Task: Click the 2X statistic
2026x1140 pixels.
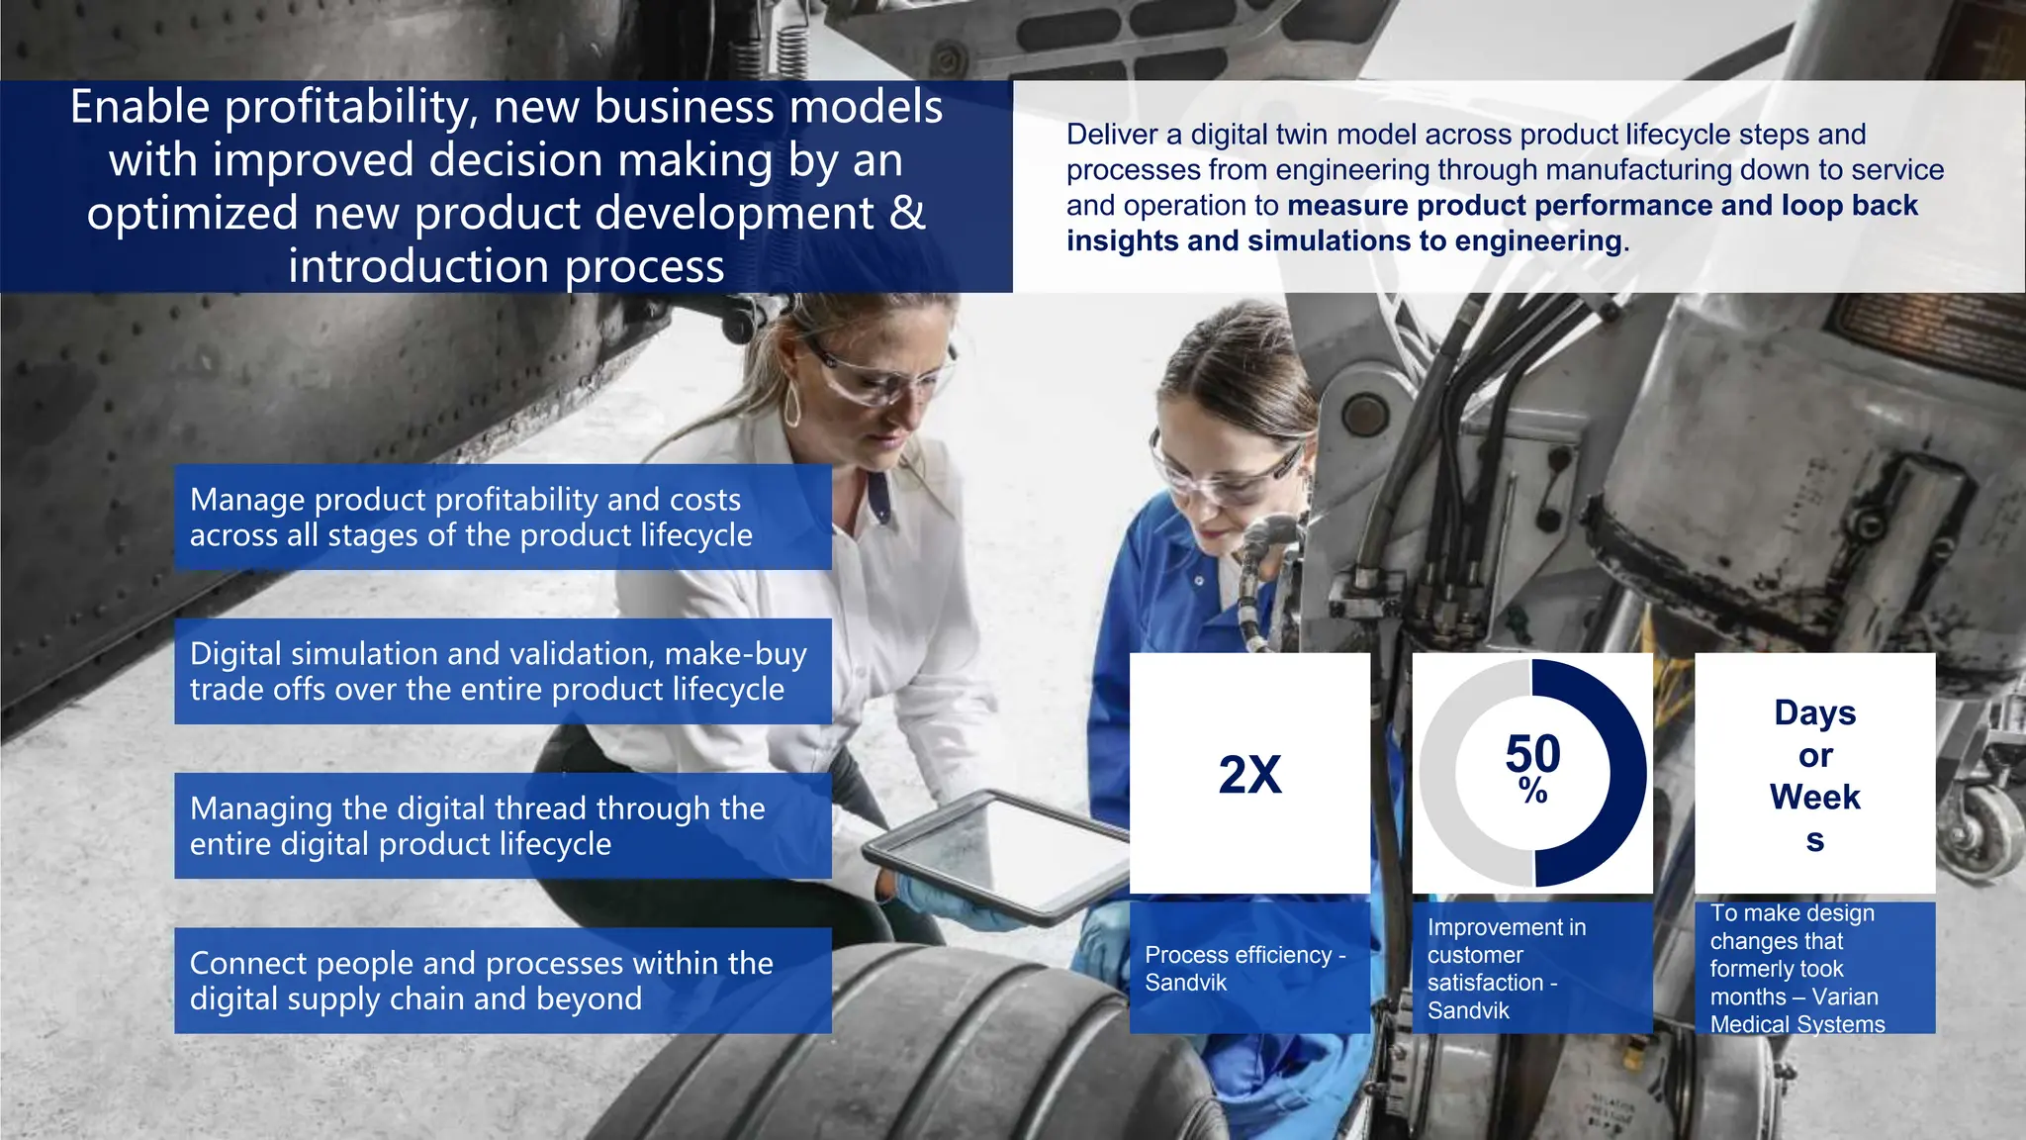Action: [x=1249, y=774]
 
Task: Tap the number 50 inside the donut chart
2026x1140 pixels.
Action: [x=1532, y=754]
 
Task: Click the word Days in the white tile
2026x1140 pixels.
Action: [x=1814, y=712]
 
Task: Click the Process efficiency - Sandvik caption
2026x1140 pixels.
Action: [x=1244, y=968]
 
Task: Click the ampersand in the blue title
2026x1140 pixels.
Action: [x=907, y=213]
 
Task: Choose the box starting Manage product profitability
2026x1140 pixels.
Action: [x=503, y=517]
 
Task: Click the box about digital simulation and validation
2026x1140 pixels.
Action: [x=503, y=671]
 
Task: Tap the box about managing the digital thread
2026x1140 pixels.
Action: [x=503, y=825]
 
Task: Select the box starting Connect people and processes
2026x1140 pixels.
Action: [x=503, y=980]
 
